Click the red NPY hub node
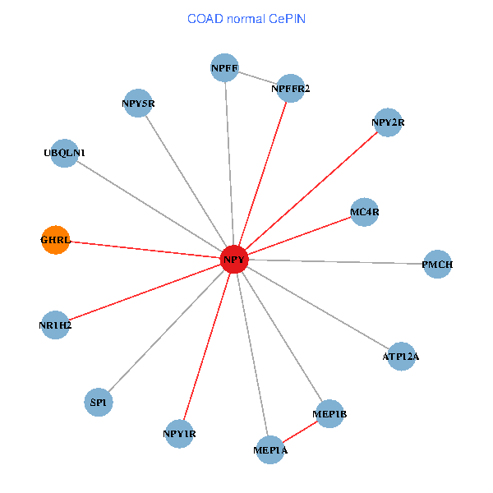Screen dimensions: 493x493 (234, 260)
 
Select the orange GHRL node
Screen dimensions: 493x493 (56, 240)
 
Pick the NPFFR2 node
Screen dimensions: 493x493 (290, 88)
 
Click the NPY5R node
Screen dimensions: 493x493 (138, 104)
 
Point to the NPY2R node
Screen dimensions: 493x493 (388, 122)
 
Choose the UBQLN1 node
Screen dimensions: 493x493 (64, 153)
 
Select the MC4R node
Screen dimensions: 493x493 (364, 212)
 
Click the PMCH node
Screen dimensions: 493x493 (437, 265)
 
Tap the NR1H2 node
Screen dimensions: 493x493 (55, 325)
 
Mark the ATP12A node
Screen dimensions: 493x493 (401, 357)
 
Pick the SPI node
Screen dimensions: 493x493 (99, 402)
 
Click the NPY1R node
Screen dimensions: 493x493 (179, 433)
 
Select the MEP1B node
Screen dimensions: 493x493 (329, 414)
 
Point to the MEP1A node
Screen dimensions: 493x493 (270, 449)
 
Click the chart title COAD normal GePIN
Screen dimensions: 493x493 (246, 18)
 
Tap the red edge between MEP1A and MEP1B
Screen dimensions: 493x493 (300, 432)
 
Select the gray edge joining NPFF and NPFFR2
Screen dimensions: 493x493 (257, 78)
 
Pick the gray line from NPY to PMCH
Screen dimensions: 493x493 (337, 262)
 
